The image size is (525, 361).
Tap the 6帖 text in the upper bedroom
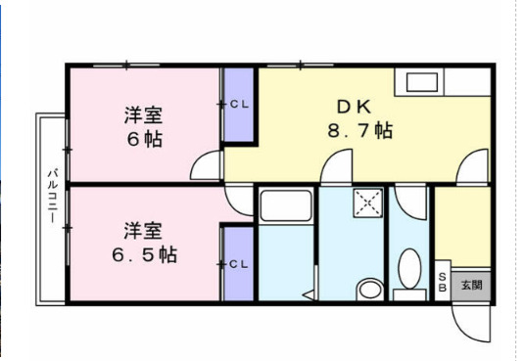144,138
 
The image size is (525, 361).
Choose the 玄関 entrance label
471,285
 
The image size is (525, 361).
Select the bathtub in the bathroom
285,207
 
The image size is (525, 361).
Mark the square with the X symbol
367,203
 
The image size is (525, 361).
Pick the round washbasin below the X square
369,289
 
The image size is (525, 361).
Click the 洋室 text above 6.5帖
143,231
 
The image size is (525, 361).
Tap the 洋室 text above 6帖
143,113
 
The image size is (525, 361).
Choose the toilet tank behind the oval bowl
408,293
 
